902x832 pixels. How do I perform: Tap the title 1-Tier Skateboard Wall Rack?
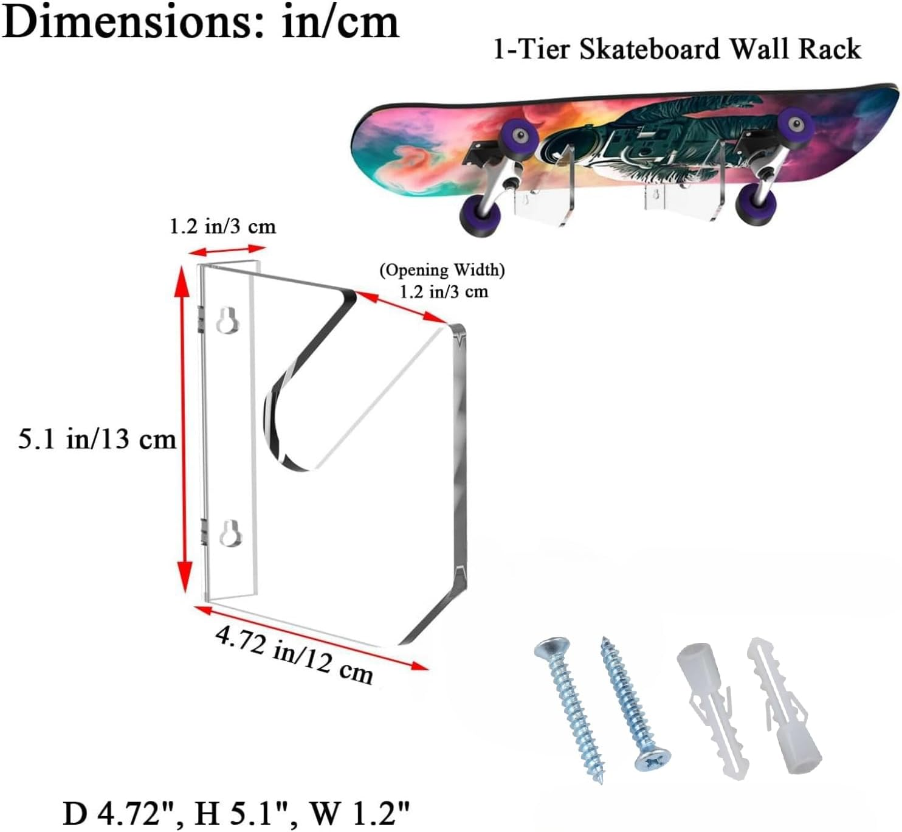676,49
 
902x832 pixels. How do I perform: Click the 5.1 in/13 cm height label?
97,439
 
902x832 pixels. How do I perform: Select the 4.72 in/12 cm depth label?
294,655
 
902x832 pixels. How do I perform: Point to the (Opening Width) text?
442,270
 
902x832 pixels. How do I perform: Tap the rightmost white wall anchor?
784,705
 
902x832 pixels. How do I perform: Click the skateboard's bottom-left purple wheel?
480,217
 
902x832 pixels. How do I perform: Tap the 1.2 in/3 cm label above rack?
222,227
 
